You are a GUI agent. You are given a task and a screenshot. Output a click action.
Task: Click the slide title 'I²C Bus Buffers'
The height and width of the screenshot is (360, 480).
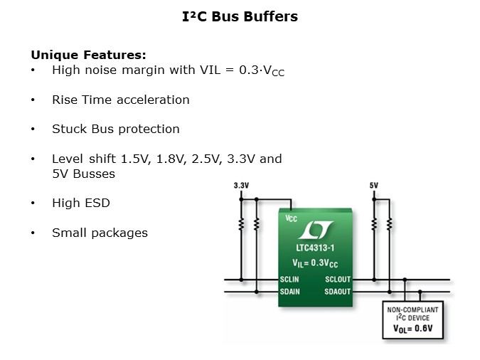tap(240, 16)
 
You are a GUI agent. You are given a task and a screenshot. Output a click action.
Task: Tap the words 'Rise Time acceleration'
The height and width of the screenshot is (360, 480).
tap(120, 100)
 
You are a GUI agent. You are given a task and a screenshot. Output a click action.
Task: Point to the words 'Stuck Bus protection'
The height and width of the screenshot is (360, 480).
tap(115, 129)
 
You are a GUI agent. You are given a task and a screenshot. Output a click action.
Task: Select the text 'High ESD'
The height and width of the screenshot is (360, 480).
tap(80, 203)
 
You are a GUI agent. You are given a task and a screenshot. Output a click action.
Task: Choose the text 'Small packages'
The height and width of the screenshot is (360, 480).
tap(100, 233)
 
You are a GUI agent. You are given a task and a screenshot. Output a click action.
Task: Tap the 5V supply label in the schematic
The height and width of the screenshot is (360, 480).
tap(374, 186)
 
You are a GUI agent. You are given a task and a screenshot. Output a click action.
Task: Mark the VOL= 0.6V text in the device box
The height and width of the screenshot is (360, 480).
tap(413, 329)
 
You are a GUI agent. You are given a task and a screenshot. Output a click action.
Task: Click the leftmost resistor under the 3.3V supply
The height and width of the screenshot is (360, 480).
tap(241, 224)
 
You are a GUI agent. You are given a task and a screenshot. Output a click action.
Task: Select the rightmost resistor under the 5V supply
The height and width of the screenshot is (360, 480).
tap(389, 224)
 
